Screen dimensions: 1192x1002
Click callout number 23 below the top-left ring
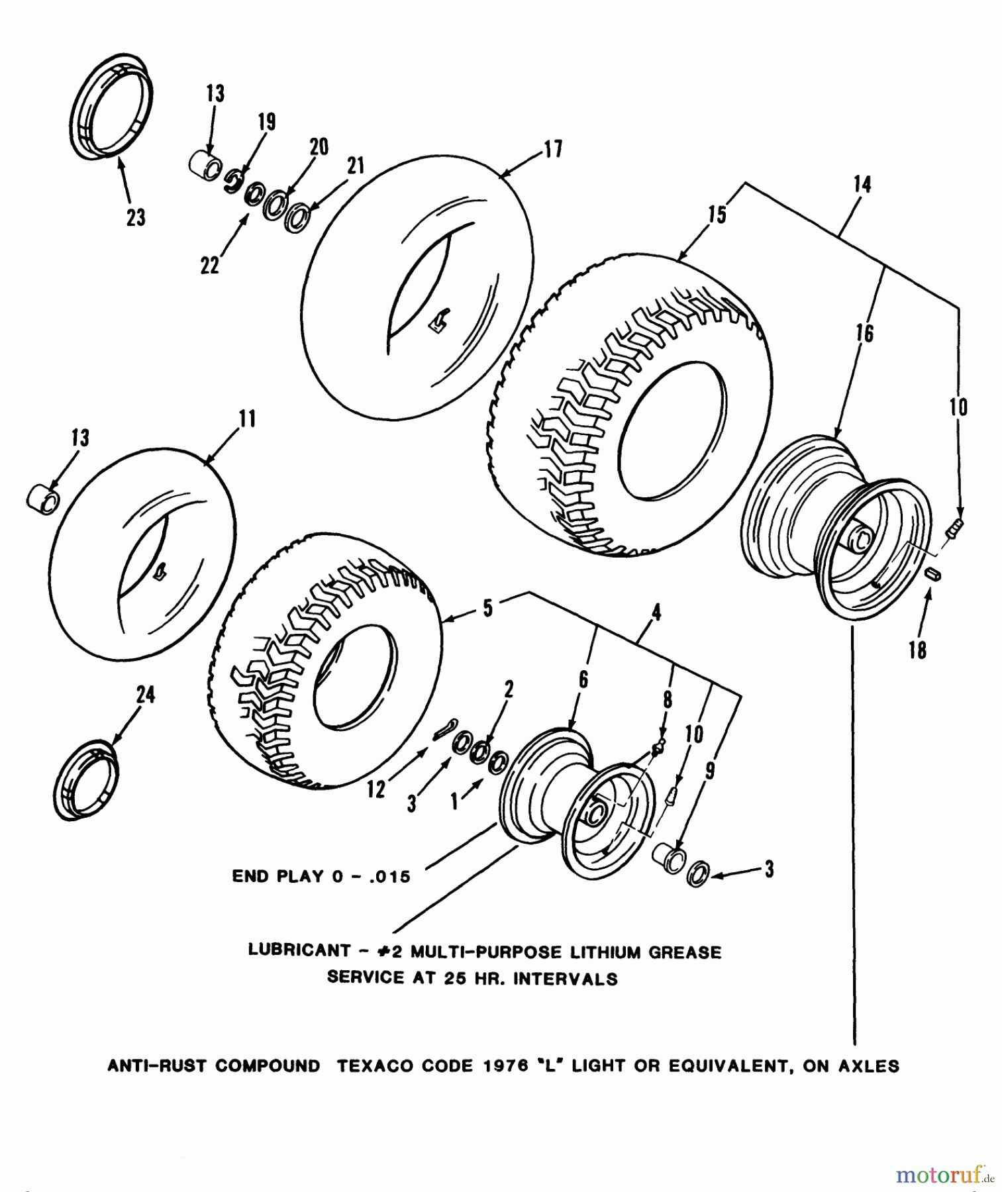(136, 217)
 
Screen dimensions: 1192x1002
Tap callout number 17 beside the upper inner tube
(553, 150)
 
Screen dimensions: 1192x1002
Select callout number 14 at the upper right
(862, 185)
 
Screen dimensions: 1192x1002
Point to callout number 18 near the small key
(917, 650)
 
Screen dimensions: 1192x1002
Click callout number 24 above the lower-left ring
(146, 695)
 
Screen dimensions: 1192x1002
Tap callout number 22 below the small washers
(210, 265)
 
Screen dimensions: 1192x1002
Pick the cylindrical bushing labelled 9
(670, 860)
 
